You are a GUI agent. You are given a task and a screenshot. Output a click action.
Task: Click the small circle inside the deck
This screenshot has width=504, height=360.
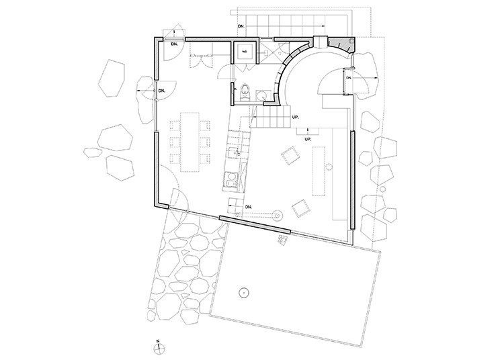[243, 293]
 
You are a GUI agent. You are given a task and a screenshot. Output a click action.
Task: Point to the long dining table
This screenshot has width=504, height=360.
[190, 140]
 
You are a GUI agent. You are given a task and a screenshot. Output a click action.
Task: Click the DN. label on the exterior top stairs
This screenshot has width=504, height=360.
[241, 26]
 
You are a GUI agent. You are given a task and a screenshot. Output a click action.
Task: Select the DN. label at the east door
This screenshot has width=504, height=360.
[348, 79]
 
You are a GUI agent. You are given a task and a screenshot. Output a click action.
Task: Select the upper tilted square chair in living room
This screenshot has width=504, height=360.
[290, 154]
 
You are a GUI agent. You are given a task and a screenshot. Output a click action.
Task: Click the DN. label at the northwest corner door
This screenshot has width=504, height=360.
[173, 44]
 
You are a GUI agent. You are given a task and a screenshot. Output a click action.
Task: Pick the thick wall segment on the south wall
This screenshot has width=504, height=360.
[255, 224]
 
